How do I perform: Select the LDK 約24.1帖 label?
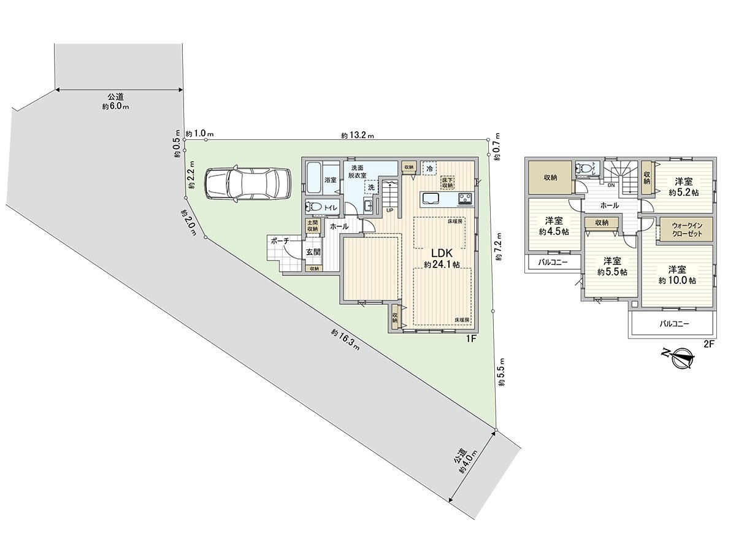pyautogui.click(x=441, y=258)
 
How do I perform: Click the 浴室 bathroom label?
pyautogui.click(x=331, y=180)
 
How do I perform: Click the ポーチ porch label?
pyautogui.click(x=279, y=242)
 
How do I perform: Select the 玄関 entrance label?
pyautogui.click(x=313, y=252)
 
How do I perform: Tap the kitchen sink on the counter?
pyautogui.click(x=429, y=197)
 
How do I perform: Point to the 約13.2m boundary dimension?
pyautogui.click(x=358, y=136)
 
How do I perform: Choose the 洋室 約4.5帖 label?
pyautogui.click(x=554, y=226)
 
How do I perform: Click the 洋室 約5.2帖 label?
pyautogui.click(x=684, y=186)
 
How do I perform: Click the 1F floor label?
pyautogui.click(x=471, y=338)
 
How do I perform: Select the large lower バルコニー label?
pyautogui.click(x=675, y=323)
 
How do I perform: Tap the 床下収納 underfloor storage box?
pyautogui.click(x=447, y=182)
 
